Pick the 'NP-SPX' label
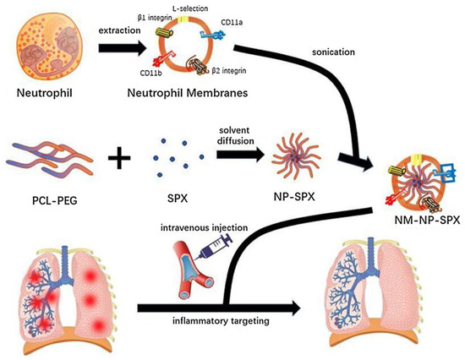(277, 202)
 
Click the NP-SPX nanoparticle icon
(276, 158)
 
